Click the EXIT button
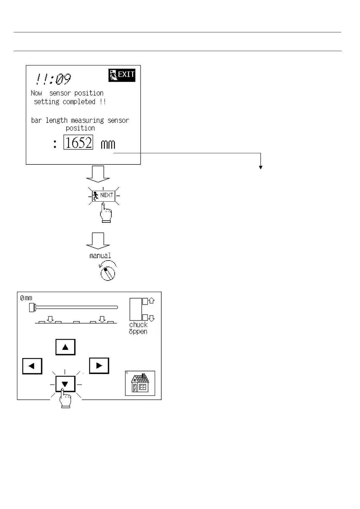coord(122,75)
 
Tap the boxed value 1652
coord(78,142)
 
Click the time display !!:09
coord(53,79)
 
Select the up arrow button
coord(65,347)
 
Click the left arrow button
coord(32,366)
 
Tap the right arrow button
coord(99,365)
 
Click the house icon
coord(140,383)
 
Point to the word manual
coord(100,256)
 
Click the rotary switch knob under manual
coord(108,273)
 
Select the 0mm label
coord(26,298)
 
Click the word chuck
coord(138,325)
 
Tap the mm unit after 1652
coord(108,144)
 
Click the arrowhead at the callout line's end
coord(260,167)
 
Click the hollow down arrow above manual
coord(98,241)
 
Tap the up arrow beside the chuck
coord(152,301)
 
